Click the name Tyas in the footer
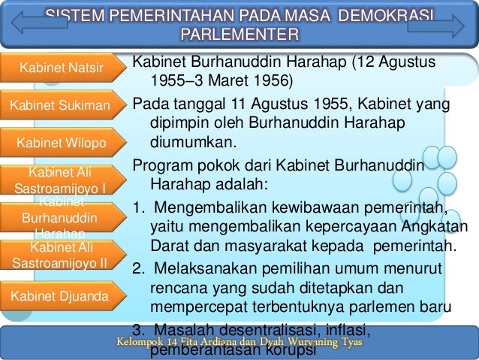click(x=348, y=343)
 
